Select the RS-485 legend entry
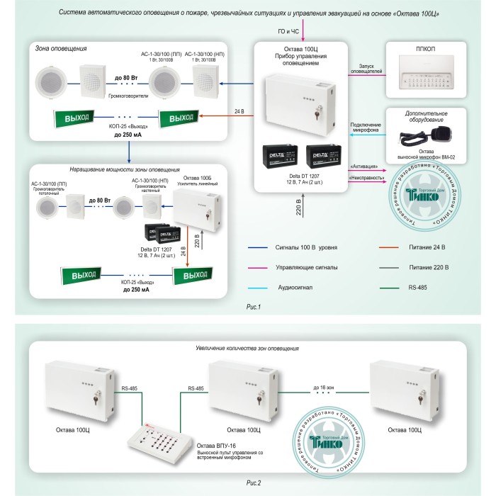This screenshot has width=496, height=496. pos(417,287)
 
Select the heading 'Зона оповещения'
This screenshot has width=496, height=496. pos(61,48)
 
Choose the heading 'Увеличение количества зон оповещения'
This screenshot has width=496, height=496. pos(245,348)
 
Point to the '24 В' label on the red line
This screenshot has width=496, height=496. pos(238,112)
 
